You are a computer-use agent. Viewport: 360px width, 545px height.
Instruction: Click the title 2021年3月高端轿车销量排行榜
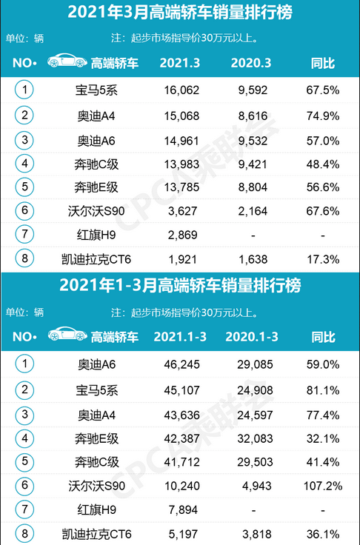pos(180,12)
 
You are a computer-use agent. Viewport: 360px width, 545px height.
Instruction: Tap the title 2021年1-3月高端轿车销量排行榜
pos(180,285)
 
